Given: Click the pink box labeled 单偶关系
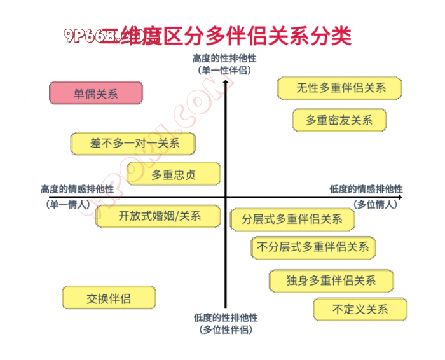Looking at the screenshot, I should tap(96, 93).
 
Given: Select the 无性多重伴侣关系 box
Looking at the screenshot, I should tap(339, 88).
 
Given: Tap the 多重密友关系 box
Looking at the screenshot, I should tap(339, 120).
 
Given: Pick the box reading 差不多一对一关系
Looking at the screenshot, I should tap(133, 144).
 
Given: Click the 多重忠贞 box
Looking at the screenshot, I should tap(174, 174).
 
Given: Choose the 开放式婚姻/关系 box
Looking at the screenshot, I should tap(159, 216).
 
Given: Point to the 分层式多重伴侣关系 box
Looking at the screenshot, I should tap(292, 219).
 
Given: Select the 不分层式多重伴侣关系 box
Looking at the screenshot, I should tap(313, 247).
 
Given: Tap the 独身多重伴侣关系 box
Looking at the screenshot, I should tap(331, 280).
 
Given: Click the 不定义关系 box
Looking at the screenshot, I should tap(360, 310).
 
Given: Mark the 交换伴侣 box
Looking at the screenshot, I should tap(109, 298).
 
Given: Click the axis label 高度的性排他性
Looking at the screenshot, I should tap(225, 59).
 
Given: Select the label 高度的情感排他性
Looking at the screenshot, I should tap(77, 189).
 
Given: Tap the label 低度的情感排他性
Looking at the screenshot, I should tap(366, 189).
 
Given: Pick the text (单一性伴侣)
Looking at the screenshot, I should tap(225, 70).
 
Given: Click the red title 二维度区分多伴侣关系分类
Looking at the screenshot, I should tap(226, 36).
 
